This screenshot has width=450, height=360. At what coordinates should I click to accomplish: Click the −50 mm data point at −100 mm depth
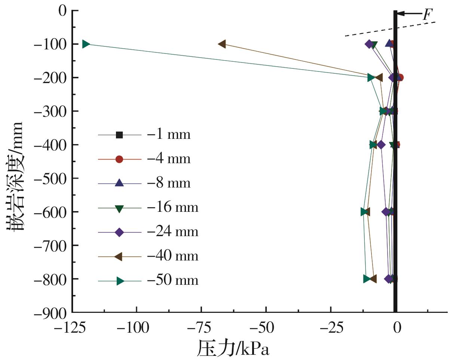(x=86, y=44)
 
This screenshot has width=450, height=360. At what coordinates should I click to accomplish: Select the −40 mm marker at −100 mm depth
(x=222, y=44)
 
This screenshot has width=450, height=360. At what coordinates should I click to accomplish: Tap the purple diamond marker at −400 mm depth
(x=381, y=145)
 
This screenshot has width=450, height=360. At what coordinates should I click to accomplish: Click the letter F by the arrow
(x=427, y=15)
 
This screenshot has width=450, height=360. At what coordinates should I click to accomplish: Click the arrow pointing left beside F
(x=408, y=14)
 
